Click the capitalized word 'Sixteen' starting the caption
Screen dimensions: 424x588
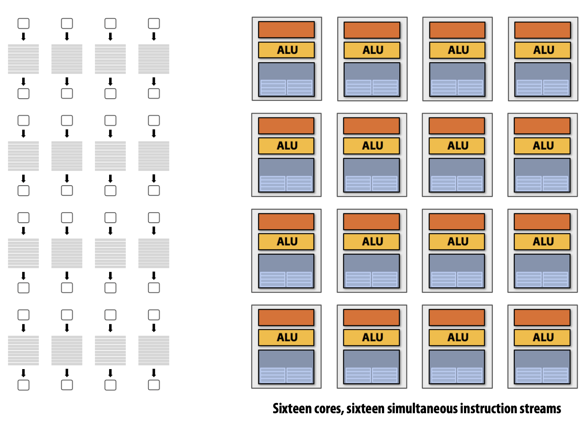[x=292, y=408]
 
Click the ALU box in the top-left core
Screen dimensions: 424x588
[x=287, y=50]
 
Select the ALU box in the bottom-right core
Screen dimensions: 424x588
[x=542, y=337]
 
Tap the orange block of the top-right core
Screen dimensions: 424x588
[x=543, y=30]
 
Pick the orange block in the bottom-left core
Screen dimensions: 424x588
[x=286, y=317]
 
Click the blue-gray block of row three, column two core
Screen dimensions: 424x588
[x=371, y=271]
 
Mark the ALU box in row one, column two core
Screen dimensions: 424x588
[x=372, y=50]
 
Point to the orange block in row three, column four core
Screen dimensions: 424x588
[x=542, y=221]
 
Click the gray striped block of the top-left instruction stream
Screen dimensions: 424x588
[x=23, y=59]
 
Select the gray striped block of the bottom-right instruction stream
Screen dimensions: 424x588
[x=154, y=351]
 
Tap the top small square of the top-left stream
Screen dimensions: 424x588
[x=23, y=24]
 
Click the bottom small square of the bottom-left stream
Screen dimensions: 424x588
[x=23, y=385]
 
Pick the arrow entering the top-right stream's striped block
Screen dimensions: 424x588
[x=154, y=36]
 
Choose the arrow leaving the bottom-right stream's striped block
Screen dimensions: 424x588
[x=154, y=372]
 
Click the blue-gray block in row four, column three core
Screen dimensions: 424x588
[x=457, y=367]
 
